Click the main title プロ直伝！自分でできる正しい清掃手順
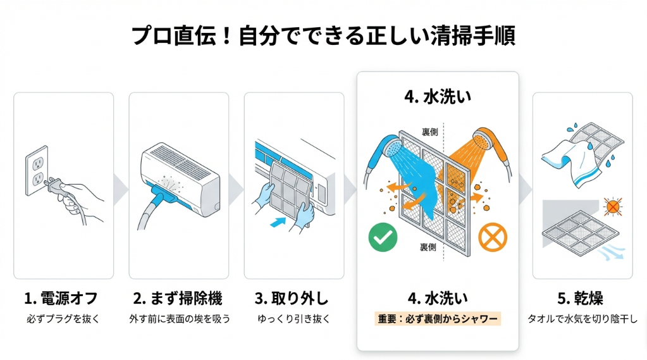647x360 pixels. point(323,35)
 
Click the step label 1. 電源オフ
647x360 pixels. point(61,298)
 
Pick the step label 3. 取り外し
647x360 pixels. point(293,298)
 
